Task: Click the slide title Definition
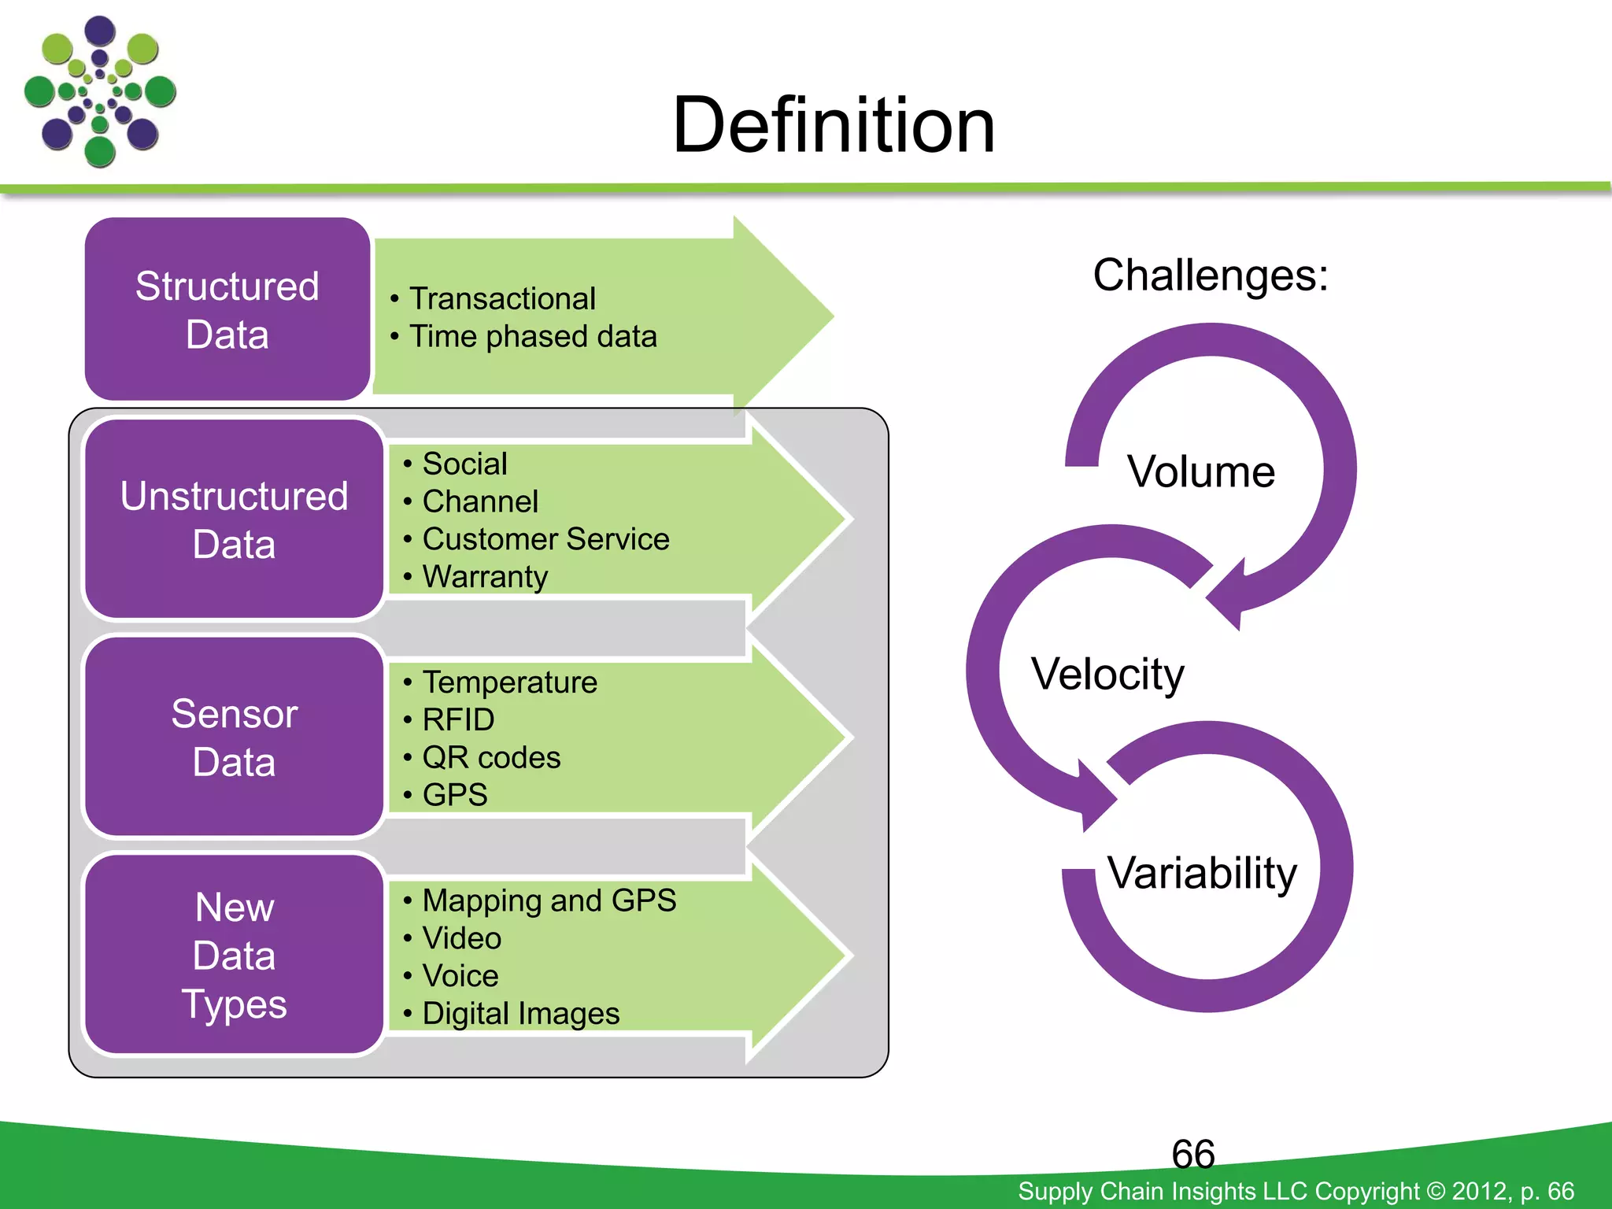[x=834, y=126]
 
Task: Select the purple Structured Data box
[x=227, y=309]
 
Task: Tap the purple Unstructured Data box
[x=234, y=519]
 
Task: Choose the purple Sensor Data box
[x=234, y=738]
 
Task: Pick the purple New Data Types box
[x=234, y=955]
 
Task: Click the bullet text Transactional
[x=502, y=299]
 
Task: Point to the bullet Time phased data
[x=533, y=337]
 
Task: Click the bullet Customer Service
[x=545, y=539]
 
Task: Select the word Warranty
[x=485, y=577]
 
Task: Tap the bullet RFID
[x=458, y=719]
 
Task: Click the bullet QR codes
[x=491, y=757]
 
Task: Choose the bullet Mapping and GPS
[x=549, y=900]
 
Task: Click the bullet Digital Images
[x=520, y=1014]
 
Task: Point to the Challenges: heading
[x=1210, y=275]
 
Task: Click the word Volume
[x=1200, y=472]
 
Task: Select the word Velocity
[x=1107, y=675]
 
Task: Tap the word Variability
[x=1202, y=873]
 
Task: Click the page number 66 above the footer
[x=1192, y=1154]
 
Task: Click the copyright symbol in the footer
[x=1436, y=1191]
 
